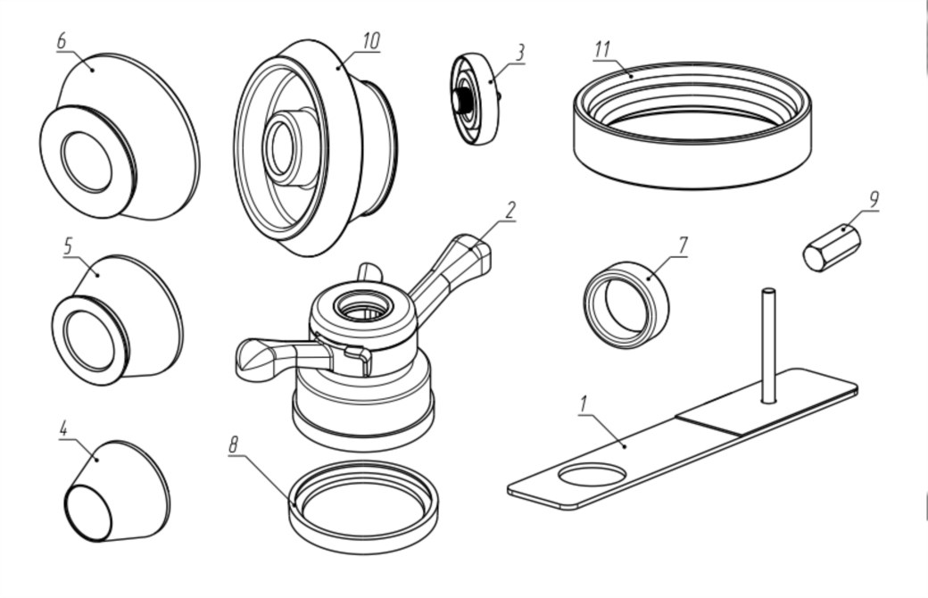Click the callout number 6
62,42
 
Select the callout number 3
519,53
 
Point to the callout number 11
602,48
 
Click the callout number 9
873,200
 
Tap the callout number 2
510,210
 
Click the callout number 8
235,444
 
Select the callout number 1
584,403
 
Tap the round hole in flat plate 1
592,474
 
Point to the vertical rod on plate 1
767,344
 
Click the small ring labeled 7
626,304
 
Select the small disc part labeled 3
476,99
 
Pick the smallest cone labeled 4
116,494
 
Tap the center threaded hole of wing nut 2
363,310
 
